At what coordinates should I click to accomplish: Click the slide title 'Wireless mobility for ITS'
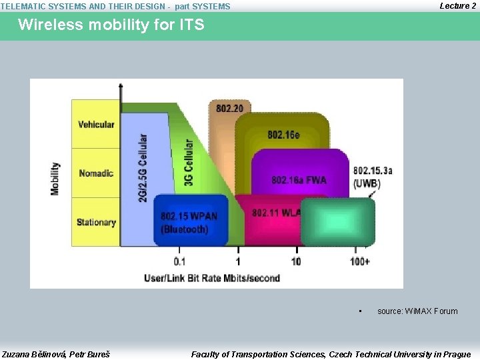[x=111, y=25]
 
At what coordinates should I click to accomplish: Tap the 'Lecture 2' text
[x=457, y=6]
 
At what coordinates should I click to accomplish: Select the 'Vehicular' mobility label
[x=96, y=124]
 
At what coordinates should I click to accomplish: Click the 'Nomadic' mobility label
[x=96, y=173]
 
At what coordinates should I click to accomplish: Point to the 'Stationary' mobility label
[x=96, y=223]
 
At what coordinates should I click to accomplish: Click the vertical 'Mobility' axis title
[x=55, y=179]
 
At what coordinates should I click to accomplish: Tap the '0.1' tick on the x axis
[x=180, y=261]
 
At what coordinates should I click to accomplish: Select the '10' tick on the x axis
[x=296, y=261]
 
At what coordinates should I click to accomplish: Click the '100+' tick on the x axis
[x=360, y=261]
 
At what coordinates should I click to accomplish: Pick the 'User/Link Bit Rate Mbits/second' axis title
[x=212, y=277]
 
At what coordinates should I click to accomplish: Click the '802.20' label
[x=229, y=108]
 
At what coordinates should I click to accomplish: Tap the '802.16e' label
[x=283, y=135]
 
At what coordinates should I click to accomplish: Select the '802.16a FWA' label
[x=299, y=180]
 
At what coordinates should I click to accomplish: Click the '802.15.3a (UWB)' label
[x=372, y=177]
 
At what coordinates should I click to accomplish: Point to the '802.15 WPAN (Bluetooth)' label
[x=189, y=223]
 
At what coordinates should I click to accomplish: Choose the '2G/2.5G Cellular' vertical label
[x=143, y=168]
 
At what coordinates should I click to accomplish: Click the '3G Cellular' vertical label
[x=189, y=163]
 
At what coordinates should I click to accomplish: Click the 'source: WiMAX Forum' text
[x=417, y=311]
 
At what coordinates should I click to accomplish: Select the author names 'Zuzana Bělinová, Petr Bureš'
[x=56, y=354]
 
